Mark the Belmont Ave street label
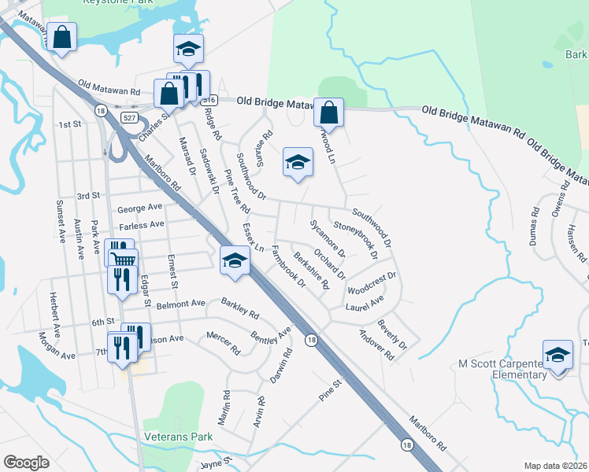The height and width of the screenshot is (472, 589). pos(180,303)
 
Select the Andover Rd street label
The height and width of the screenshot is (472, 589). pos(376,344)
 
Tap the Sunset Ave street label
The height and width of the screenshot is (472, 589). pos(60,221)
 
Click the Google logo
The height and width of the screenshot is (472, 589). pos(26,462)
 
